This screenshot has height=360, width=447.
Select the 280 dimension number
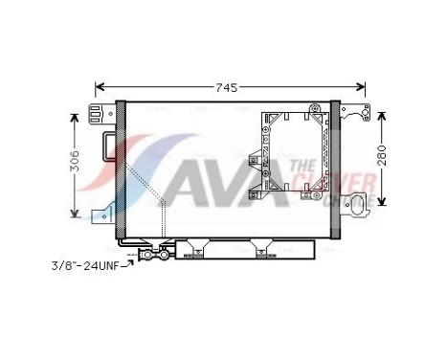pos(381,158)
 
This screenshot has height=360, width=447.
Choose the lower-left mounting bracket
pos(102,214)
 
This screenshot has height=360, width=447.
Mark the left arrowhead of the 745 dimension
pos(100,88)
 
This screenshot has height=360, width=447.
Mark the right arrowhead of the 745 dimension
pos(363,88)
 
